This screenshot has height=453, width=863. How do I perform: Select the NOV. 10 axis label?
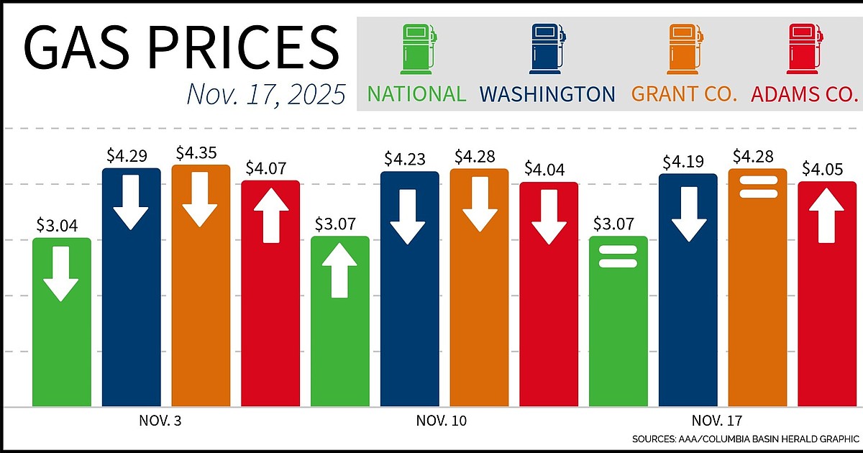[440, 421]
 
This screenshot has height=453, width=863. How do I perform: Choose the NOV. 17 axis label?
[718, 421]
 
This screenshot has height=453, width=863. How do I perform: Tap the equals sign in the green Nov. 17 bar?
[618, 257]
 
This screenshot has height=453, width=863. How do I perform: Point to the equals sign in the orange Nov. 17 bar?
[757, 186]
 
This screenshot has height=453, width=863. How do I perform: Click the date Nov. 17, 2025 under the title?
[265, 94]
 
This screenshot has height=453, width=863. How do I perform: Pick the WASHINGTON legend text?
[547, 94]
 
